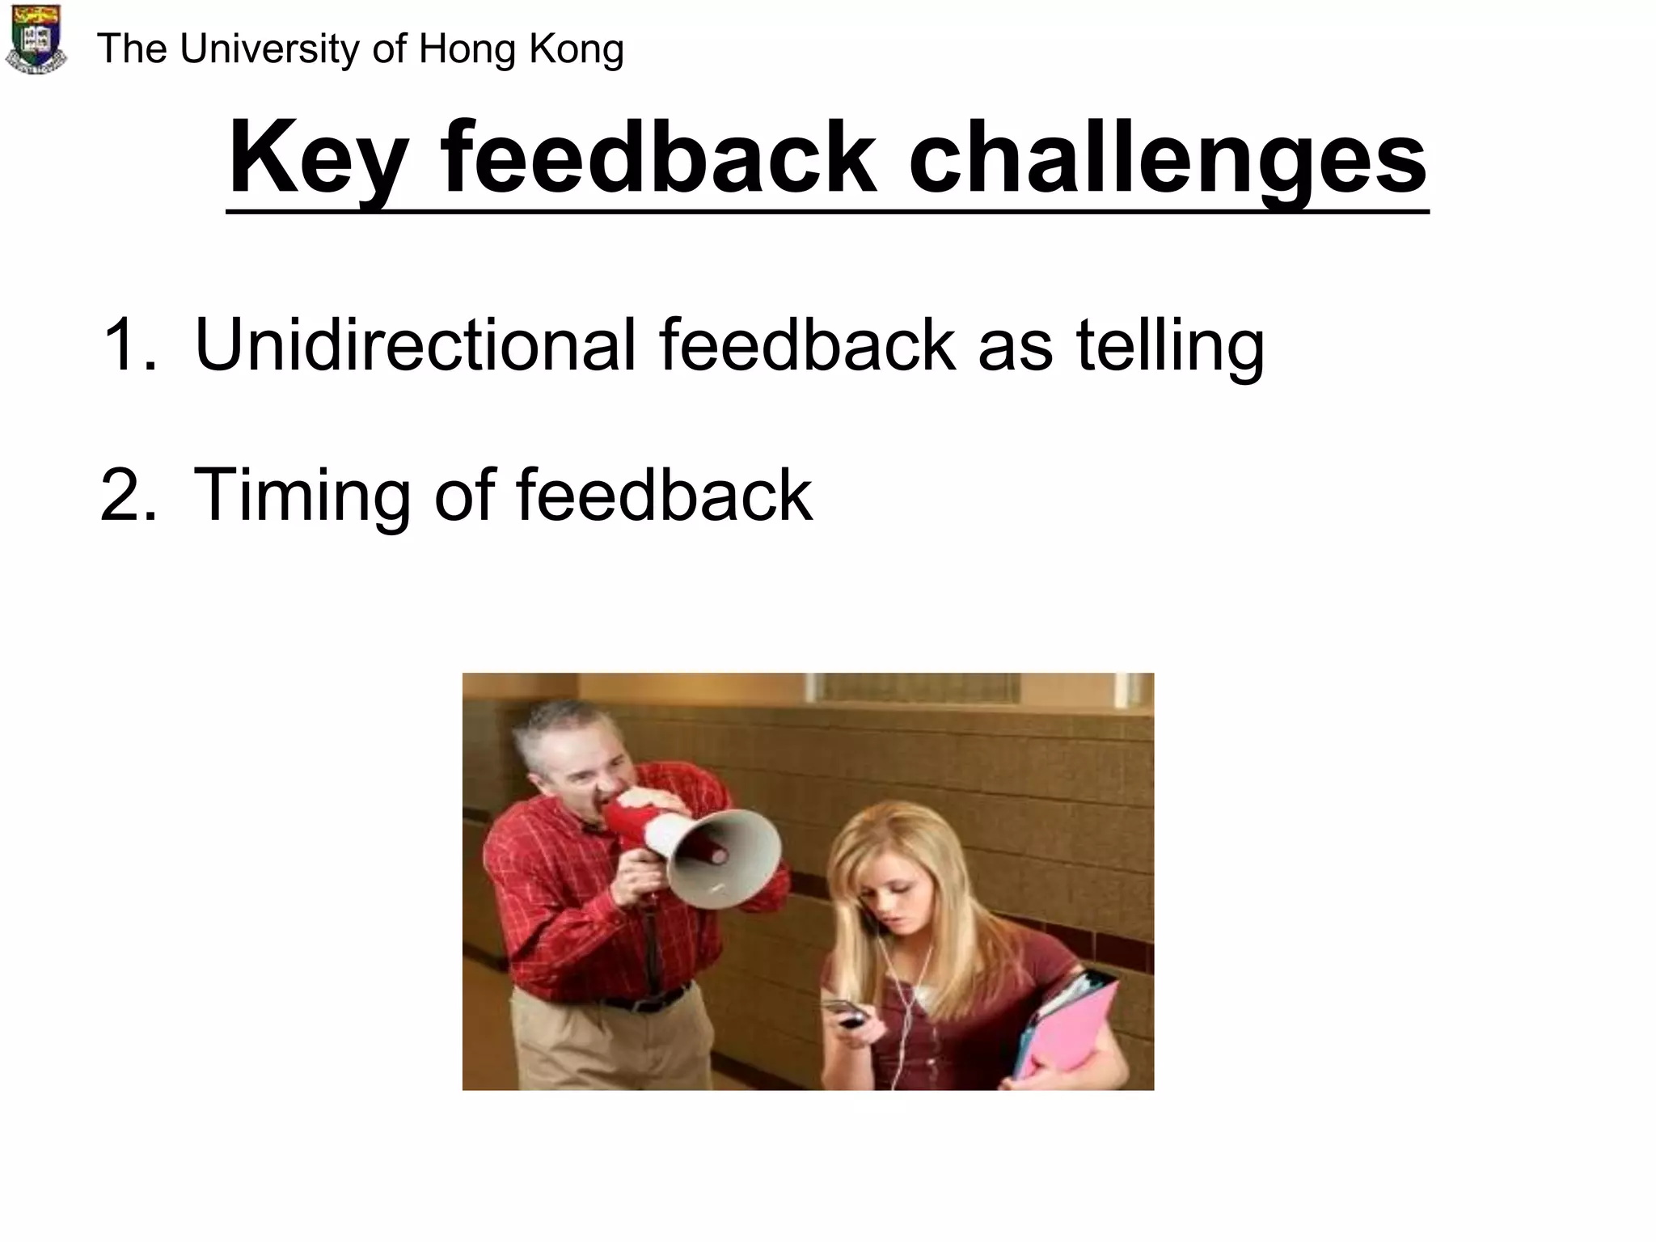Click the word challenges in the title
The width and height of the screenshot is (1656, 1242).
[x=1168, y=158]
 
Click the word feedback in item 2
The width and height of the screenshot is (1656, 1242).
[x=664, y=494]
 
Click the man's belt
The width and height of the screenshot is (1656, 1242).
[x=647, y=1000]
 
